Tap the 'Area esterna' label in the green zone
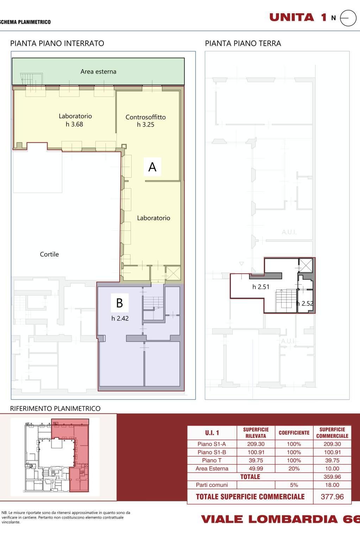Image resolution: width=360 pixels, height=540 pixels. (99, 72)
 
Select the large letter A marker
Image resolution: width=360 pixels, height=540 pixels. (152, 167)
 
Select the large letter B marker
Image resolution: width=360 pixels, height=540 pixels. (120, 303)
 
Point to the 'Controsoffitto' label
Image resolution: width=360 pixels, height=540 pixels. (146, 117)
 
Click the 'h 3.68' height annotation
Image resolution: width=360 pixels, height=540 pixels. (75, 124)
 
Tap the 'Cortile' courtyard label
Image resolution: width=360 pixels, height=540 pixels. (49, 254)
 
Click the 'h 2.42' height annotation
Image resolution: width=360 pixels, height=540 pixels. (120, 318)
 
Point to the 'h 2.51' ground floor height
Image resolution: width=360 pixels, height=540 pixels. (261, 287)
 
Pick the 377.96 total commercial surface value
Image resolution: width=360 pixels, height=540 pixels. (332, 497)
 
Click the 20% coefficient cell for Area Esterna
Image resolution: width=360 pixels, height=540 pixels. (294, 468)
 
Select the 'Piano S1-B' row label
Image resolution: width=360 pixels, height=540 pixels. (212, 452)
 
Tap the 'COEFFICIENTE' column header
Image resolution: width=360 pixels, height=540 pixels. (294, 433)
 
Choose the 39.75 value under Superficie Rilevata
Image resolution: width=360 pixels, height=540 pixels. (256, 460)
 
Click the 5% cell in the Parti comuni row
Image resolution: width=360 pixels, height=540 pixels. (294, 485)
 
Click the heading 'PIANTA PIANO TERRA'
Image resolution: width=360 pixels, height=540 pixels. (243, 43)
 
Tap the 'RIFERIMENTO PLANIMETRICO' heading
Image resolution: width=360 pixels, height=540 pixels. (55, 408)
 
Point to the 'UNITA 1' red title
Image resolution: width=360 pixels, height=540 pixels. (298, 17)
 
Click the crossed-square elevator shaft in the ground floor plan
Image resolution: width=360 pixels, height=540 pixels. (306, 265)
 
